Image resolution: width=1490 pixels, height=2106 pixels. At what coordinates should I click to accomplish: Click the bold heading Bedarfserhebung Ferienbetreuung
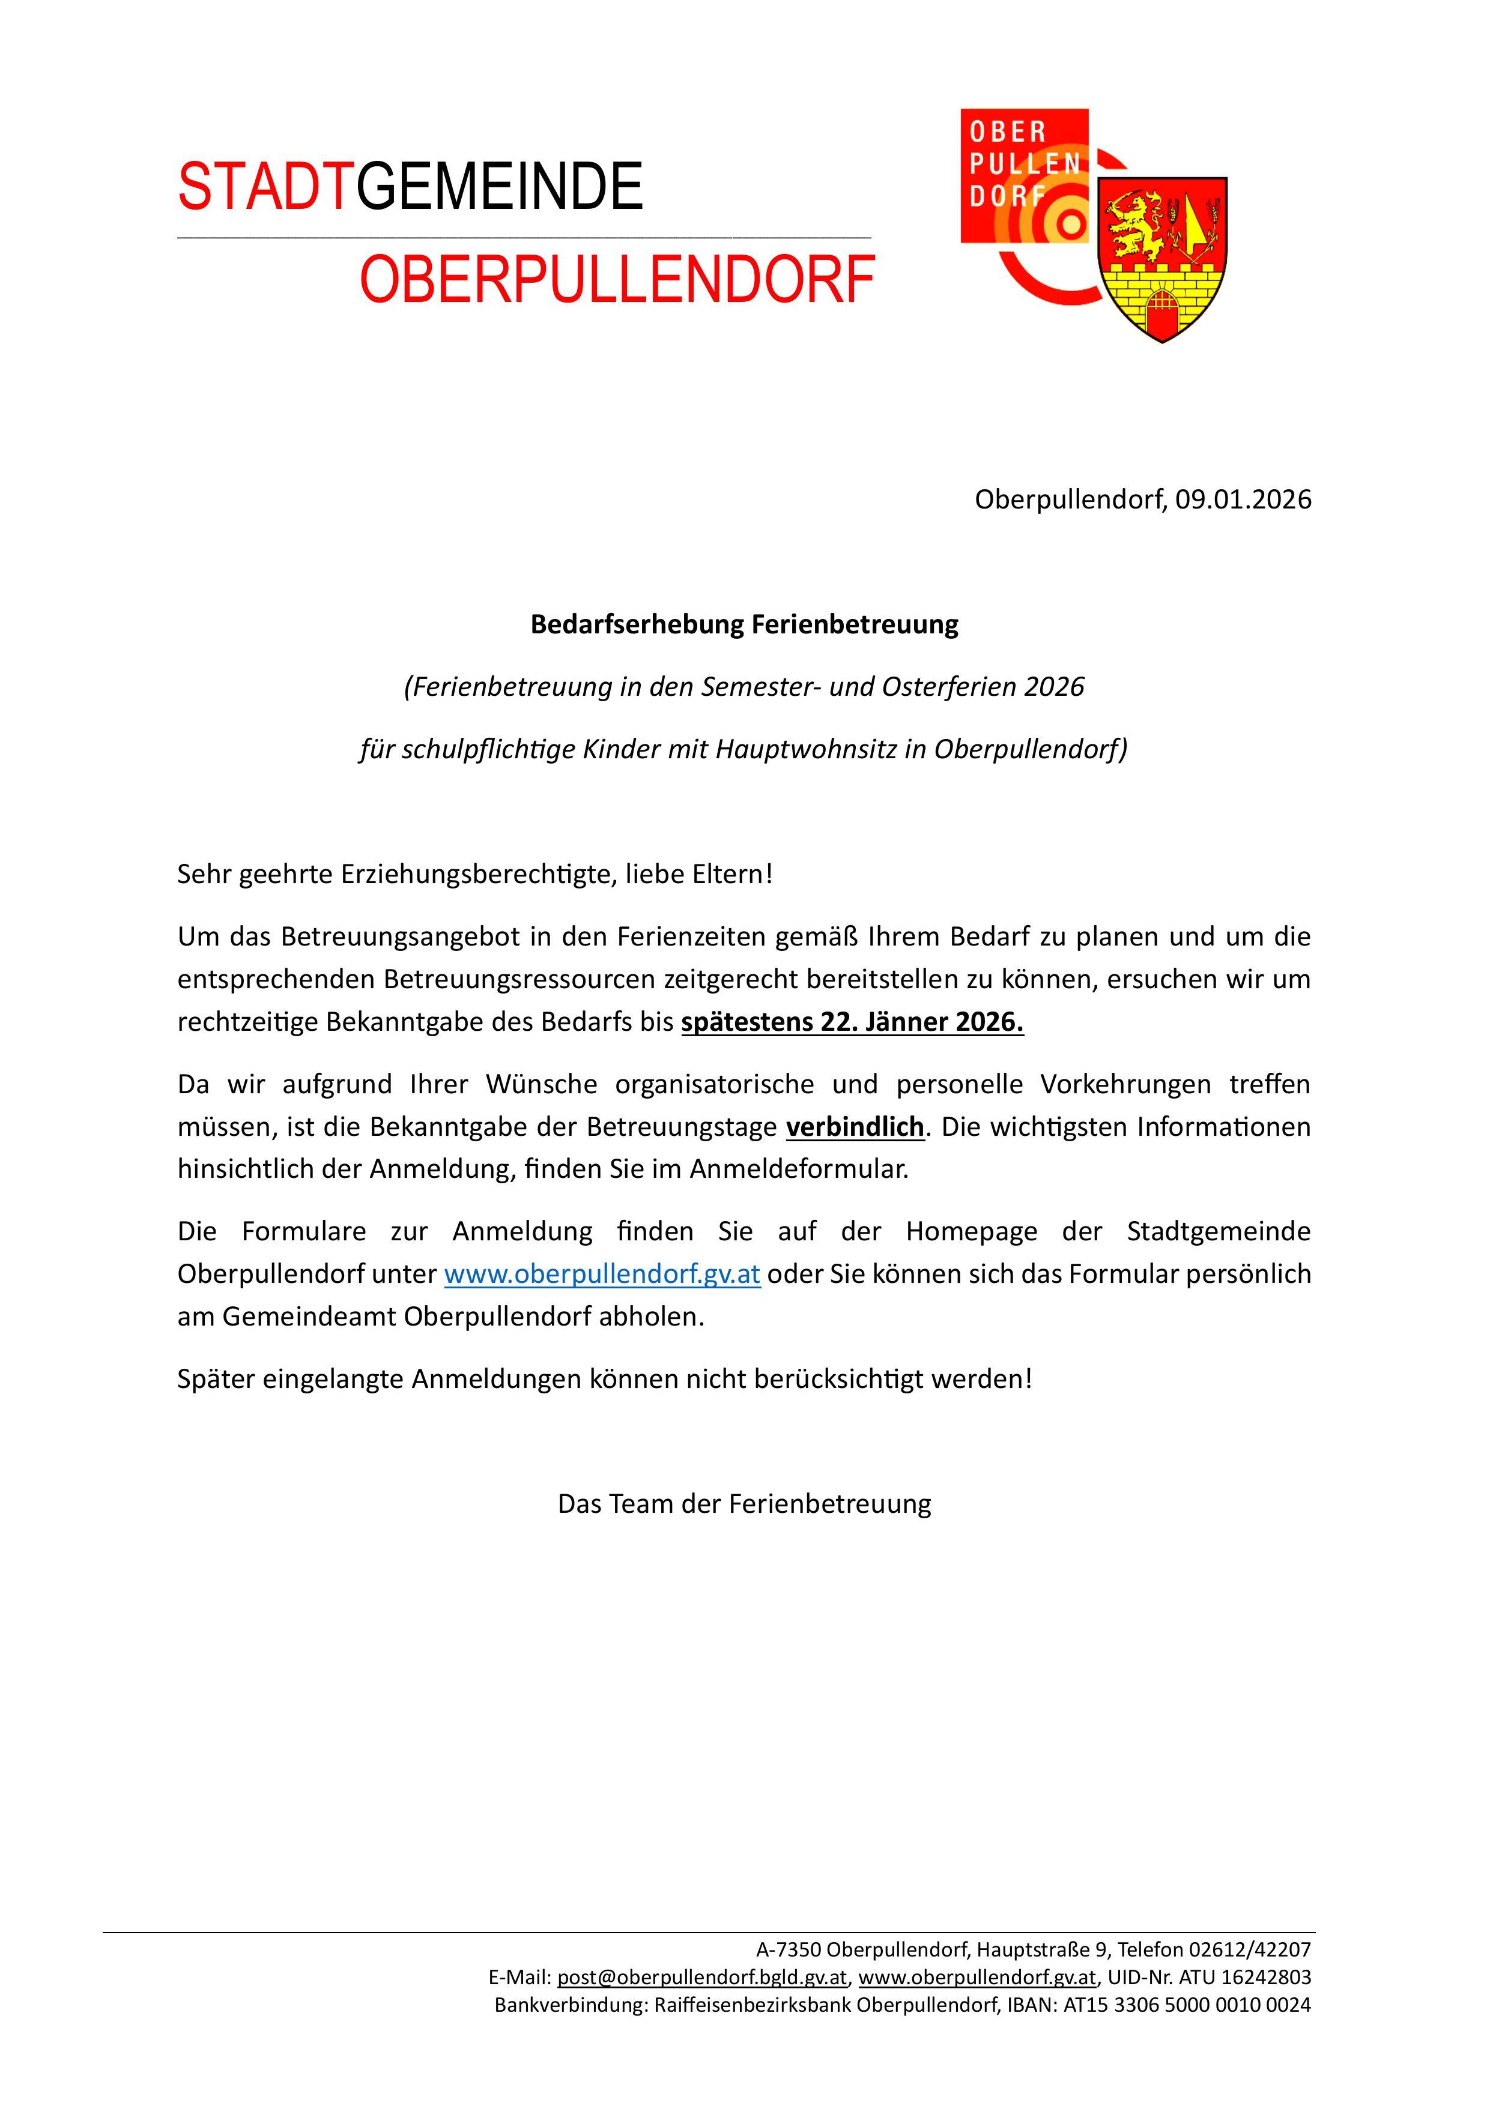[744, 624]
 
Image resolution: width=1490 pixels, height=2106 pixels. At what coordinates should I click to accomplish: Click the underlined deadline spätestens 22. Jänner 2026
[852, 1022]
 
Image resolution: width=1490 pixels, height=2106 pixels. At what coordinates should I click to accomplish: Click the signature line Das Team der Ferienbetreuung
[744, 1504]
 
